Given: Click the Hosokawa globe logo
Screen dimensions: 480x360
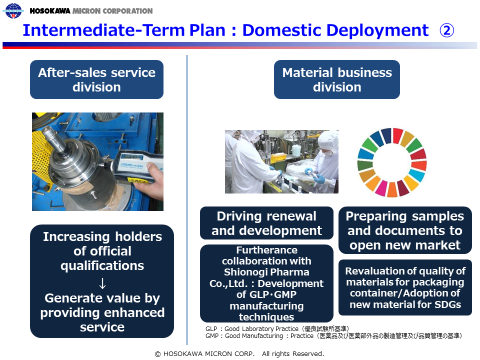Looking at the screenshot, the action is click(x=13, y=10).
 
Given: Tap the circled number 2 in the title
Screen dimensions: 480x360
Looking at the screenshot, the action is click(x=446, y=30).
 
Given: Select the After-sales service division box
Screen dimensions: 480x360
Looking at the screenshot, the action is click(x=96, y=79).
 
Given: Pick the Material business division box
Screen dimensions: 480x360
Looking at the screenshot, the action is click(x=336, y=79).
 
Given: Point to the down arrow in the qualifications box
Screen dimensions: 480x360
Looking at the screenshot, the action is click(x=102, y=283).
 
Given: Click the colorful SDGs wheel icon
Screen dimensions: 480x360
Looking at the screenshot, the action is click(x=392, y=162).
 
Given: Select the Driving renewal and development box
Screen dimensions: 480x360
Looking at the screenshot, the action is click(x=266, y=223).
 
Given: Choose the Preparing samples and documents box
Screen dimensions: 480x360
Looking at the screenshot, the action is click(x=405, y=230).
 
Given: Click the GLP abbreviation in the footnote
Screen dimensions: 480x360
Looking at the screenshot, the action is click(x=211, y=329).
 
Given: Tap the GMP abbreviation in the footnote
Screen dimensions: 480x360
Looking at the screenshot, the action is click(x=212, y=336).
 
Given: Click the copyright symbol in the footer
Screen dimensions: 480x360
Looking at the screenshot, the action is click(x=157, y=354).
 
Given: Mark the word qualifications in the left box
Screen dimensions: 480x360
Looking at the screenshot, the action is click(x=102, y=265).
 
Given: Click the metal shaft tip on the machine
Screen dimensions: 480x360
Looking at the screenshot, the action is click(x=49, y=131).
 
